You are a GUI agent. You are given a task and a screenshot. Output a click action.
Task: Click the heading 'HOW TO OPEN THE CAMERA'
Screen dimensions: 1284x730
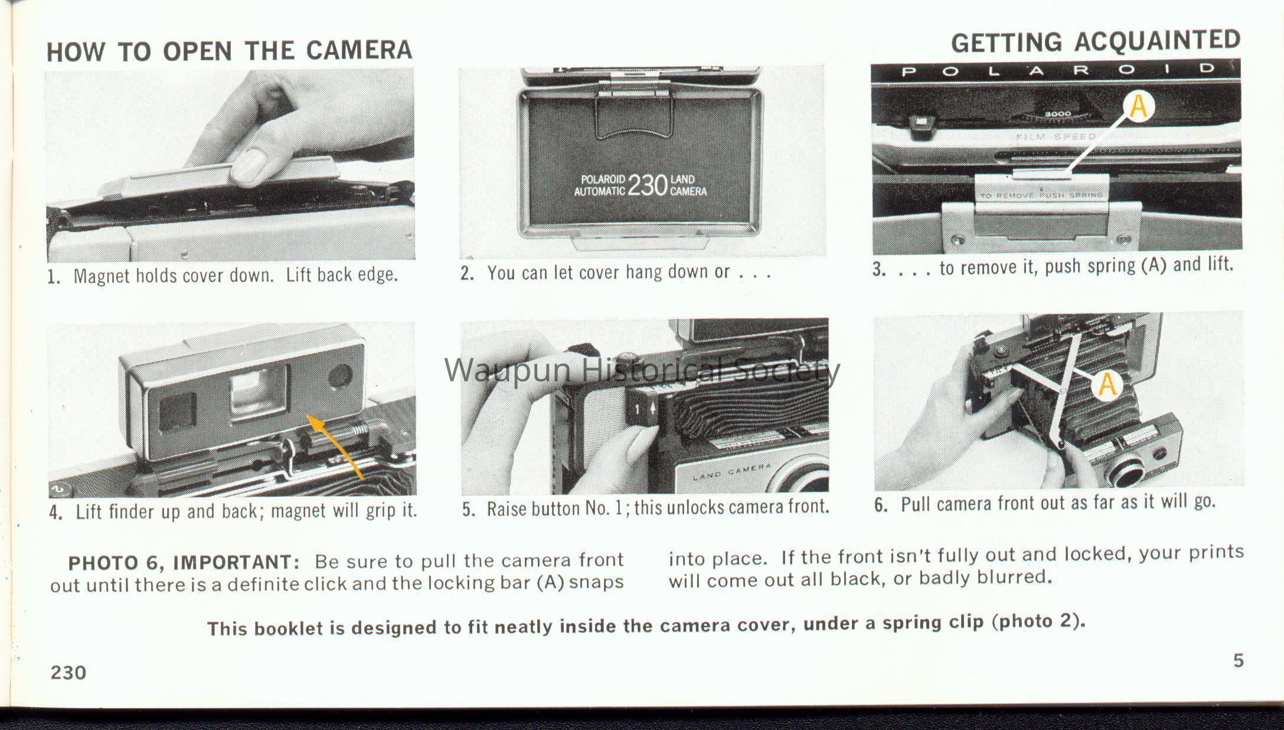229,51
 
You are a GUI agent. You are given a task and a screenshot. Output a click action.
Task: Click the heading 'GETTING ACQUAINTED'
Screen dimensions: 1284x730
1096,41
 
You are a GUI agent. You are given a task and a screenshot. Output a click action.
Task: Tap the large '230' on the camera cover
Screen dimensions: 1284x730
647,185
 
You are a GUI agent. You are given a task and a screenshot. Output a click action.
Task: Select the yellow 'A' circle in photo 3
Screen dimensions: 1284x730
1139,107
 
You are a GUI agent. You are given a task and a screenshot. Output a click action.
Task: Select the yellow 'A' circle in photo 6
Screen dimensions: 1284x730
1107,385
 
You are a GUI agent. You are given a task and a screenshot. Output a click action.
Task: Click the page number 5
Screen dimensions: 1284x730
1239,660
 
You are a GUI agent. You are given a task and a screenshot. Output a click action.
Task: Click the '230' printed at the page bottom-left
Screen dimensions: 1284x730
68,673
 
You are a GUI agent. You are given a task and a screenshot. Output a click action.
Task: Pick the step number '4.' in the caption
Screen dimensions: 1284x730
56,512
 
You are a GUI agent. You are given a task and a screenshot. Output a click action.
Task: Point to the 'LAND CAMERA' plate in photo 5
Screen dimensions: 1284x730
732,472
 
